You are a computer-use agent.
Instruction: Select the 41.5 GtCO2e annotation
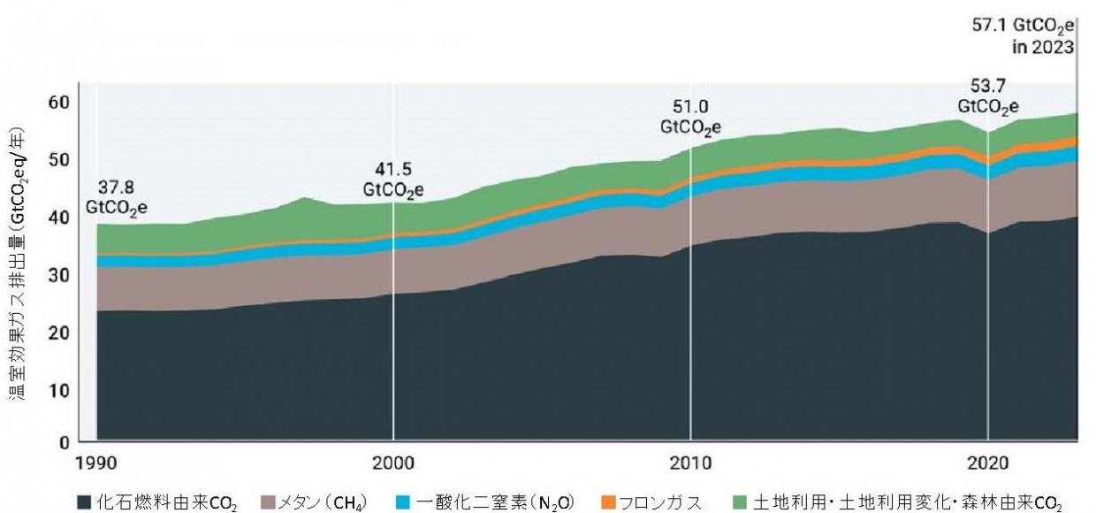(x=393, y=180)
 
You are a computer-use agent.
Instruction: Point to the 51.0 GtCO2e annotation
(x=690, y=117)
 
